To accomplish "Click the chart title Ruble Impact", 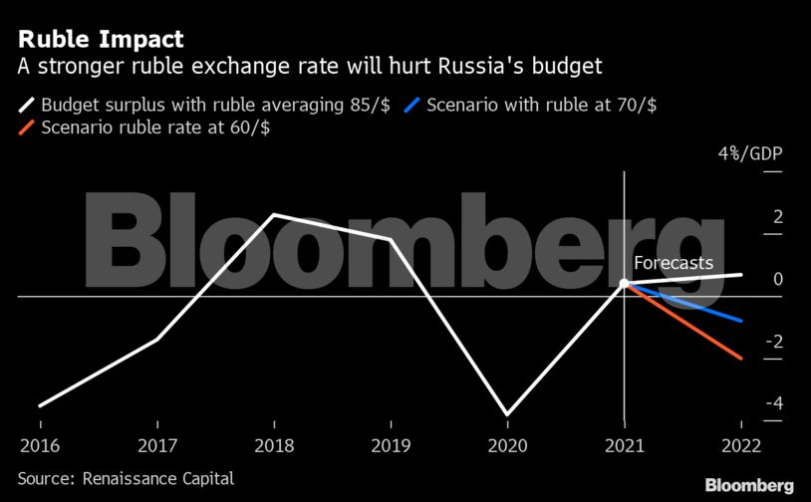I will click(x=100, y=40).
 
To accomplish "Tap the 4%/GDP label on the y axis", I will click(x=749, y=154).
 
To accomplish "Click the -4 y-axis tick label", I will click(x=746, y=403).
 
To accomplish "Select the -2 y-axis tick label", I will click(x=746, y=342).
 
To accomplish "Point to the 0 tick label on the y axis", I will click(x=750, y=280).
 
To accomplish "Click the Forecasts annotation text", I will click(x=675, y=264).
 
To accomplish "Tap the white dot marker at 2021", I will click(x=624, y=284).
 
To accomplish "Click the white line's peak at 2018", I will click(x=273, y=215).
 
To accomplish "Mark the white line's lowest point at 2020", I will click(x=507, y=414).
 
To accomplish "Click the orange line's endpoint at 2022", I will click(x=741, y=359).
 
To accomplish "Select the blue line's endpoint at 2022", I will click(x=741, y=321).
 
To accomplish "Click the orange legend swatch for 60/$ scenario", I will click(x=27, y=127).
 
